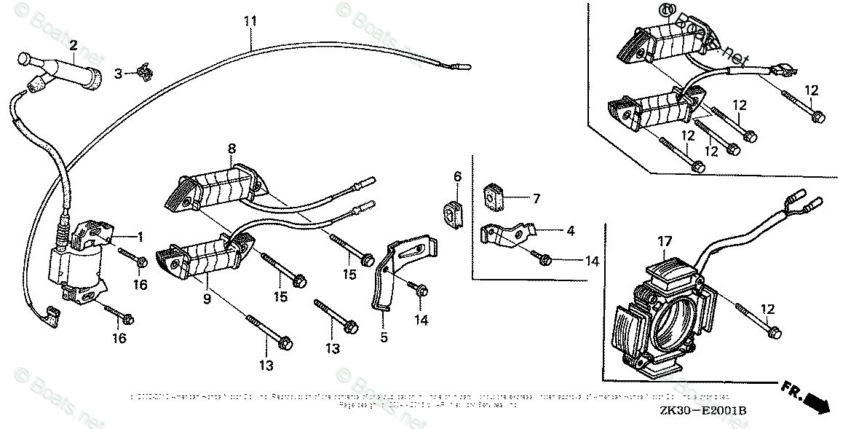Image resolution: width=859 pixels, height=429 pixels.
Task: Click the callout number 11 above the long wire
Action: (250, 21)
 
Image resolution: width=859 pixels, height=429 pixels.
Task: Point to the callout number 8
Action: (231, 149)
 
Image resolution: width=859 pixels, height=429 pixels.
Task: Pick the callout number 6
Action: (457, 176)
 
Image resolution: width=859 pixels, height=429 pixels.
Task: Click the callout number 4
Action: (571, 232)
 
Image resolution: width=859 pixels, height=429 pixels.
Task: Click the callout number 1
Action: (140, 237)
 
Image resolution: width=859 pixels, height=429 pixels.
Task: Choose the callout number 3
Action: (118, 72)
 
